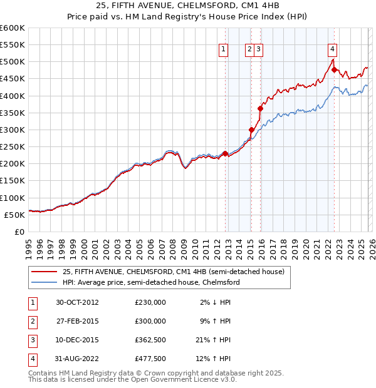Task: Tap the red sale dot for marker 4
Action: coord(334,69)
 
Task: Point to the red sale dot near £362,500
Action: coord(260,108)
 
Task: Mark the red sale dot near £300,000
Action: coord(251,130)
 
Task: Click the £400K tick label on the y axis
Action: coord(13,96)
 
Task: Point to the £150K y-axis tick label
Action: coord(13,181)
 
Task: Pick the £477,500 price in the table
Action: coord(150,359)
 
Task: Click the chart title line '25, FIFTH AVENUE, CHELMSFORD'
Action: coord(188,6)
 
